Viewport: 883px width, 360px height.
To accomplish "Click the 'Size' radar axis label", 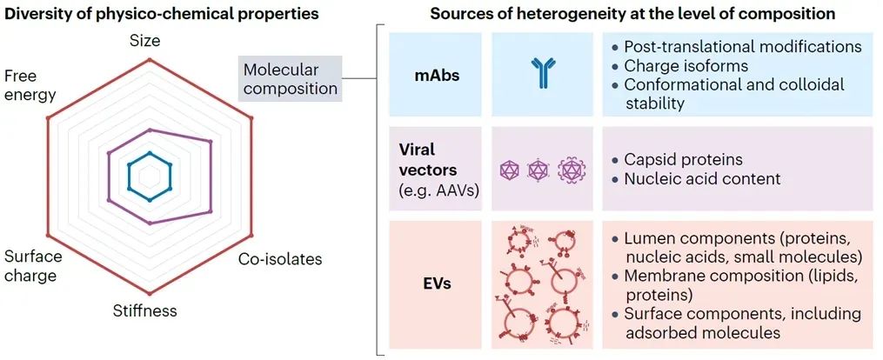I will [x=144, y=41].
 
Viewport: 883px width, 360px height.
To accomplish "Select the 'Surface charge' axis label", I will [x=33, y=266].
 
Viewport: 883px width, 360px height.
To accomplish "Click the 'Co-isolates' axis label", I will [x=280, y=259].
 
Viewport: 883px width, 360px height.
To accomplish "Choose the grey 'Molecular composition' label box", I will [x=290, y=78].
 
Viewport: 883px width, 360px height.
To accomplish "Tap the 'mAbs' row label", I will [x=437, y=76].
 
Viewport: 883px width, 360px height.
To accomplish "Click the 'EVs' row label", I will [x=437, y=283].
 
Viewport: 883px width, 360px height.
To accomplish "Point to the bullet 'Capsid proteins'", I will [x=683, y=160].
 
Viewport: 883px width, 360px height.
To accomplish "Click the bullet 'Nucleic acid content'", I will [x=702, y=179].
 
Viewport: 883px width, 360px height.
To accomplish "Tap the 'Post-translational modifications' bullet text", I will [x=742, y=46].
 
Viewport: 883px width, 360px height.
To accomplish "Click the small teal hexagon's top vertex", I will [x=150, y=152].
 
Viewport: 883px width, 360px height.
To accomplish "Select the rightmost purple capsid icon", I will [x=572, y=170].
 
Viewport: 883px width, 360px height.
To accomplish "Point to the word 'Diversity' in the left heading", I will [x=37, y=14].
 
